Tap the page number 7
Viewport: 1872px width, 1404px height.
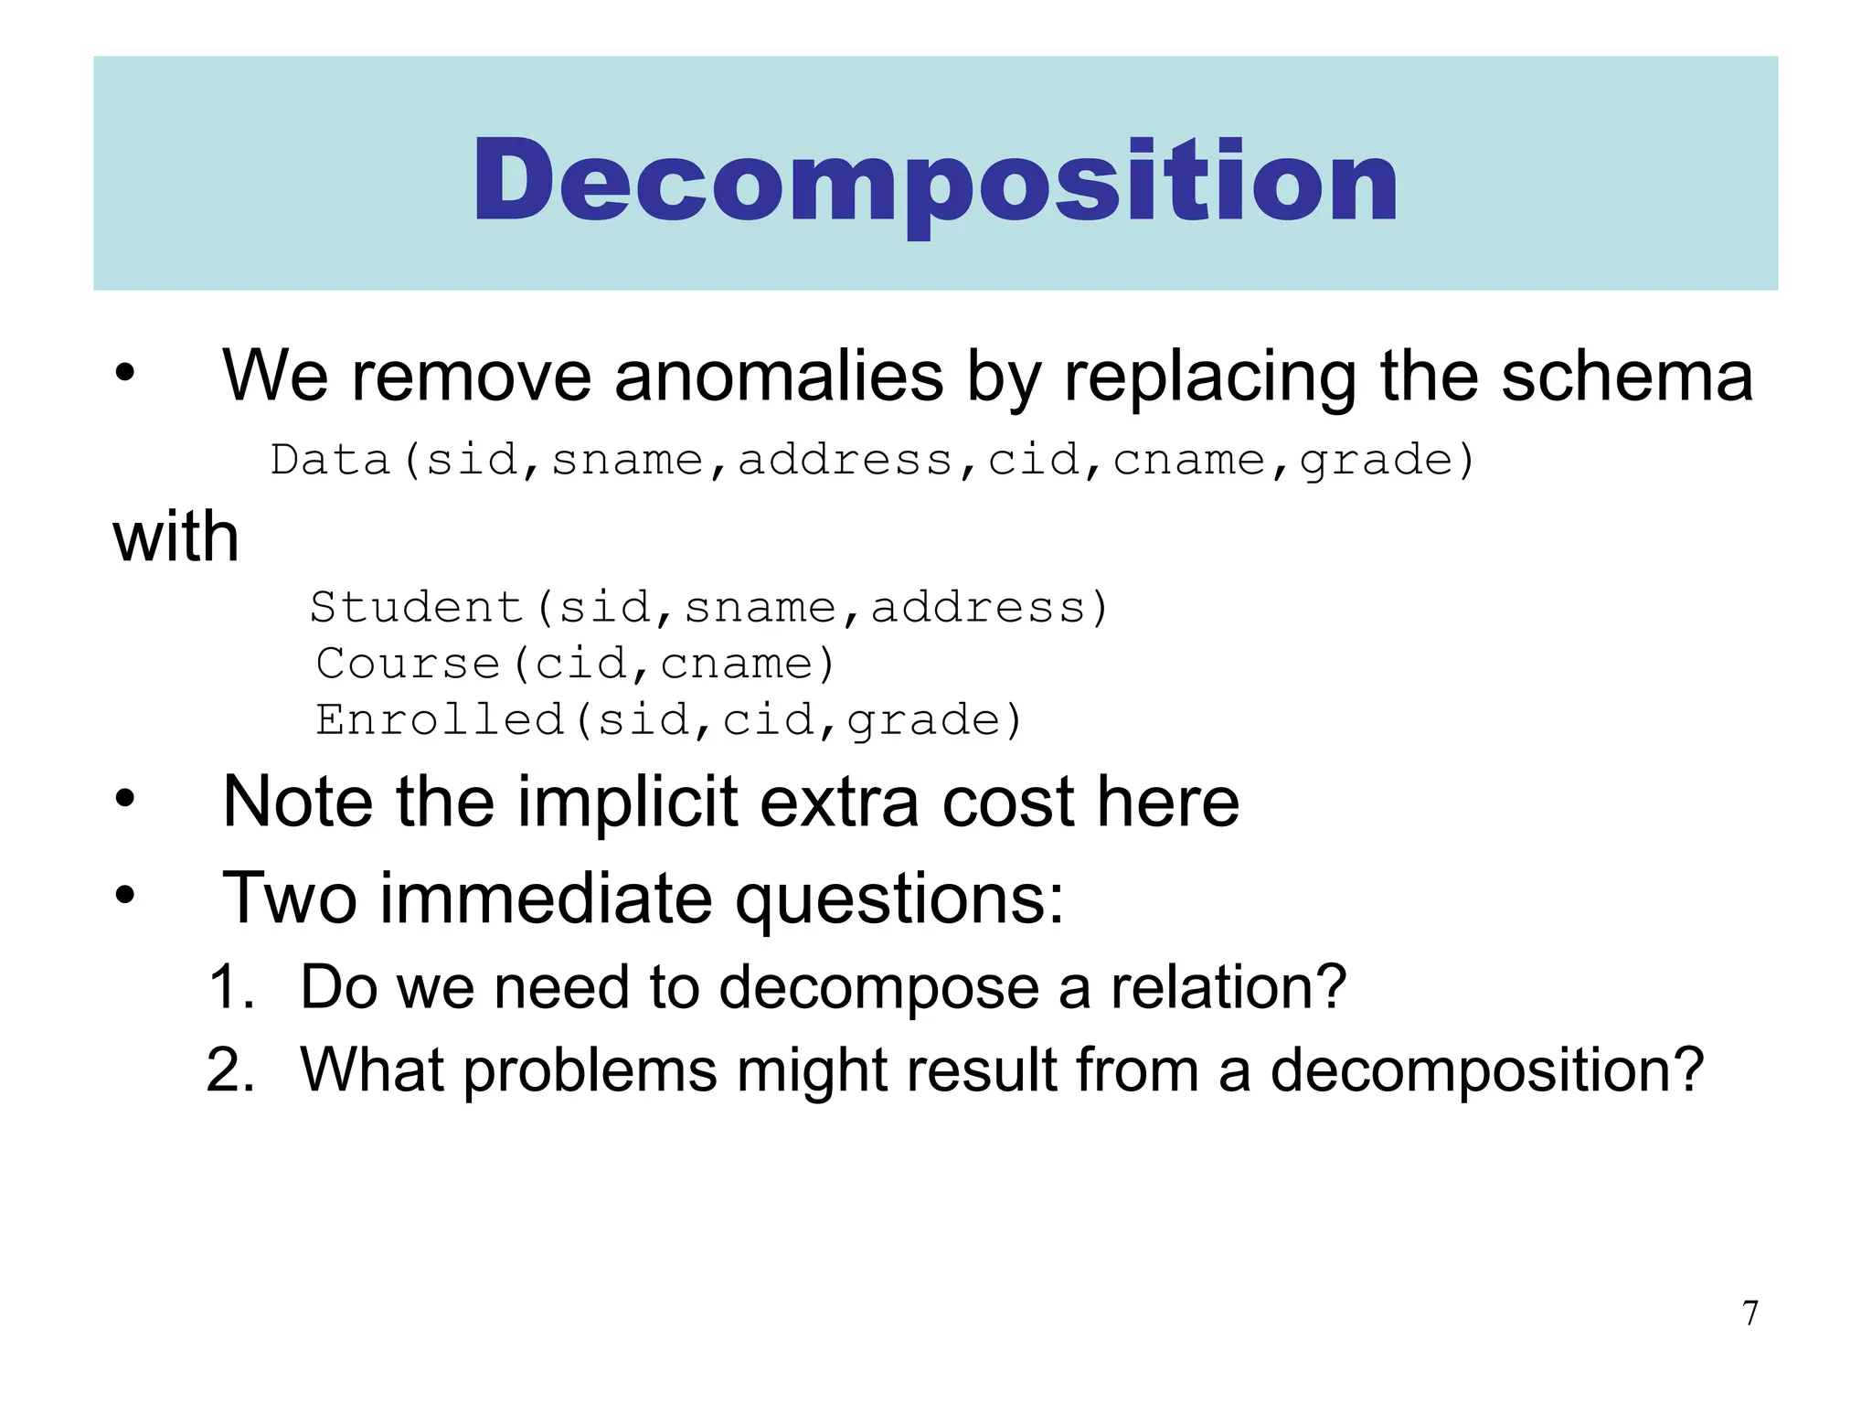[x=1750, y=1313]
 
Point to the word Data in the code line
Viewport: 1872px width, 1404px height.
[x=331, y=460]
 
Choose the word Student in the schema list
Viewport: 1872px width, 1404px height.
[x=416, y=608]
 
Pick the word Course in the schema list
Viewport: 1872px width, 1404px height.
[x=408, y=664]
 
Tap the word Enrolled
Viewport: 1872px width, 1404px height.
[x=440, y=720]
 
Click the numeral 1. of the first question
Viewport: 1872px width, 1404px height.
[x=230, y=987]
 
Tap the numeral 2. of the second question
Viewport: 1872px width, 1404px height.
[x=230, y=1069]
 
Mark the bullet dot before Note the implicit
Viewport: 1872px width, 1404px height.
[x=125, y=800]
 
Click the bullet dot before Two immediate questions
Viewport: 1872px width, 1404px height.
[x=125, y=896]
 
